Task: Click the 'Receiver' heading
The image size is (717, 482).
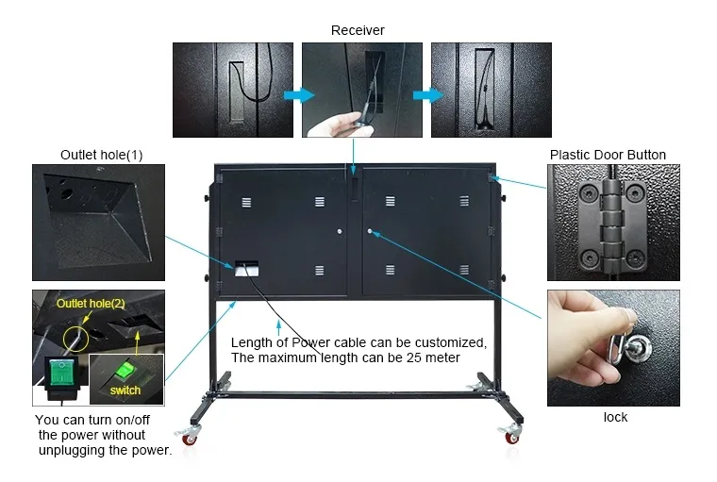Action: click(x=358, y=30)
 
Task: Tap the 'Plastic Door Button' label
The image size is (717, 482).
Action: click(x=608, y=155)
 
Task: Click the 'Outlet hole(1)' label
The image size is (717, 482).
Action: click(x=102, y=155)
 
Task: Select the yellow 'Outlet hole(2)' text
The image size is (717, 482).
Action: click(x=91, y=303)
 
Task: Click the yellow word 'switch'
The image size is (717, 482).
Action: click(x=125, y=391)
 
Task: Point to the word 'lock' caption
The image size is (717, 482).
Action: click(x=615, y=417)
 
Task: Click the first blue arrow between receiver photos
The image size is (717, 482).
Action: click(x=299, y=95)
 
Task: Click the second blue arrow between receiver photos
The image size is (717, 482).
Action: click(x=428, y=95)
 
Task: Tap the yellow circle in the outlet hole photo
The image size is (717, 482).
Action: click(x=75, y=339)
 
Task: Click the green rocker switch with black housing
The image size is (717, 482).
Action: click(x=61, y=373)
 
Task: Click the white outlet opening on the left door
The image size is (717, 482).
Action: click(x=247, y=269)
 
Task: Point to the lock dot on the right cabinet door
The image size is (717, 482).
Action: click(x=370, y=231)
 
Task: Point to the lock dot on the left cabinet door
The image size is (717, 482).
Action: click(x=340, y=232)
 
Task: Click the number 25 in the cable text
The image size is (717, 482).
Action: click(x=413, y=357)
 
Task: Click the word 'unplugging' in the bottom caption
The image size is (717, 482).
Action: click(x=69, y=451)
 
